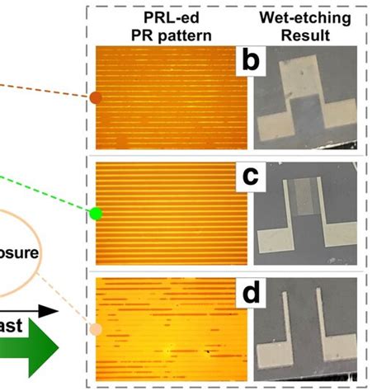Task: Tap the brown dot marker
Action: coord(96,98)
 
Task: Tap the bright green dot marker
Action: coord(96,214)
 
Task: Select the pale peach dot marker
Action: coord(96,330)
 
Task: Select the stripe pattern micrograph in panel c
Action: coord(165,214)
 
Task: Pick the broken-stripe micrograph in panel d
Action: coord(165,330)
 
